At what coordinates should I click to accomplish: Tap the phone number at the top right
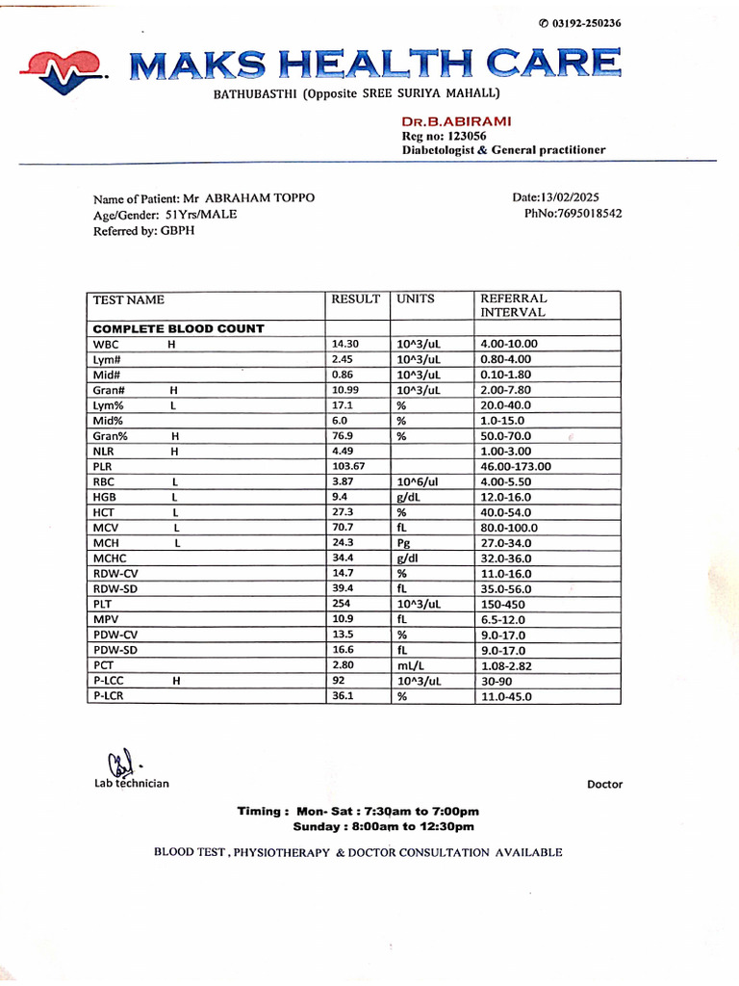pyautogui.click(x=580, y=23)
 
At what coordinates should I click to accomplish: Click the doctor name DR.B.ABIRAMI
pyautogui.click(x=456, y=121)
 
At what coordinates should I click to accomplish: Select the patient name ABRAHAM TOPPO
pyautogui.click(x=260, y=198)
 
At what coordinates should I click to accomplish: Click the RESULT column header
pyautogui.click(x=355, y=299)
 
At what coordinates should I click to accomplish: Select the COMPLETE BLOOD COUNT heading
pyautogui.click(x=178, y=328)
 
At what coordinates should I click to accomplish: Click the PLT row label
pyautogui.click(x=103, y=605)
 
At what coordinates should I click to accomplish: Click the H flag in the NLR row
pyautogui.click(x=175, y=451)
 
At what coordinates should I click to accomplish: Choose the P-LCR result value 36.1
pyautogui.click(x=342, y=696)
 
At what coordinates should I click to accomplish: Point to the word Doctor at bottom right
pyautogui.click(x=604, y=785)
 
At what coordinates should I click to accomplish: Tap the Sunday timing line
pyautogui.click(x=383, y=826)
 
